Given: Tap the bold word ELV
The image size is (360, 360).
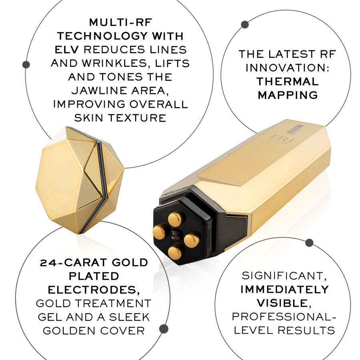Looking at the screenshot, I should click(x=67, y=50).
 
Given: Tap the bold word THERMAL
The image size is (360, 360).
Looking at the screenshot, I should click(x=287, y=81).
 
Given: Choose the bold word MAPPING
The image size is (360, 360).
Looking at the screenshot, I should click(x=287, y=95).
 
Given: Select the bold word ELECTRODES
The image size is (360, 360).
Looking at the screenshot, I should click(x=94, y=290).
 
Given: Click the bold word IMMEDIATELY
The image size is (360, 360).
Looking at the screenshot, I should click(x=284, y=289).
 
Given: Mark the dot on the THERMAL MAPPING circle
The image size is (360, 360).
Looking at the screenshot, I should click(x=245, y=24).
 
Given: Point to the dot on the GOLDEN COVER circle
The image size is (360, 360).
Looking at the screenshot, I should click(x=164, y=329).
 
